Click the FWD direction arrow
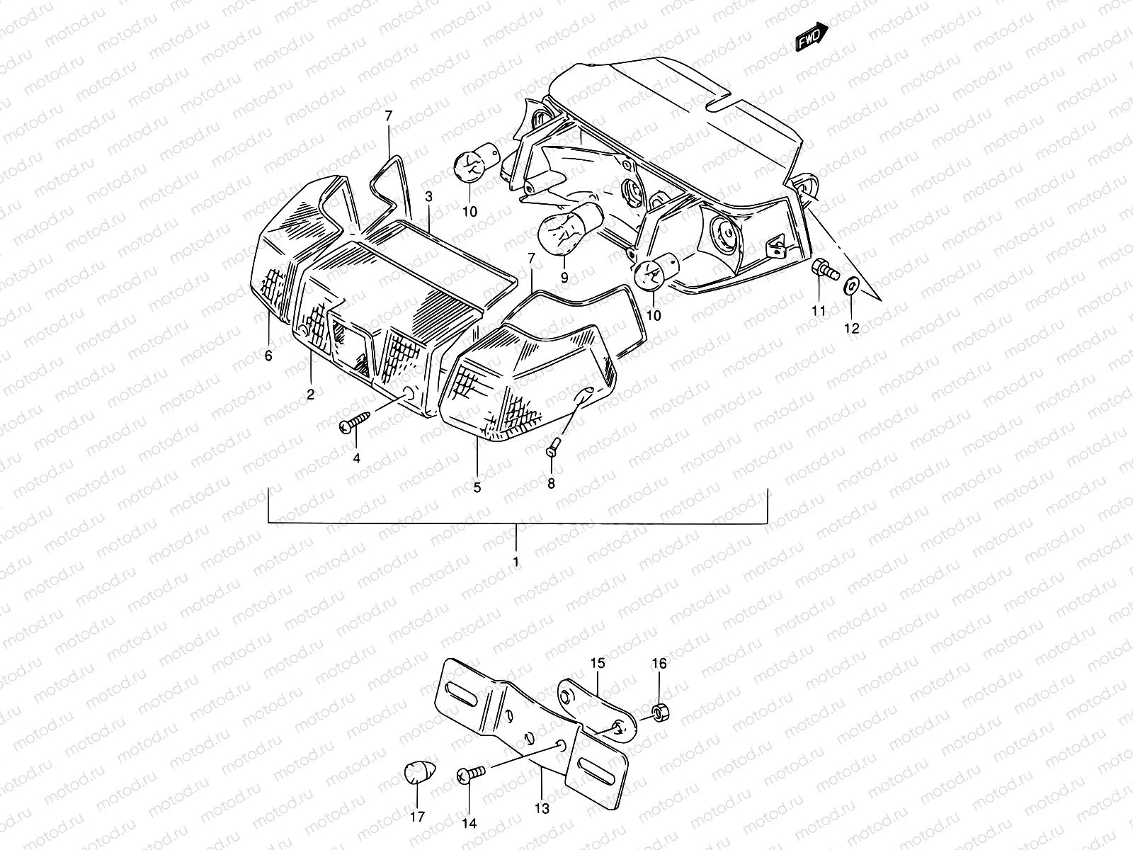812,37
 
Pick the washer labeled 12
851,286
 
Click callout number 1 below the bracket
516,562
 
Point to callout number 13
543,808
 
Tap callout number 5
477,487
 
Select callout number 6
268,356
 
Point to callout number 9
564,278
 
